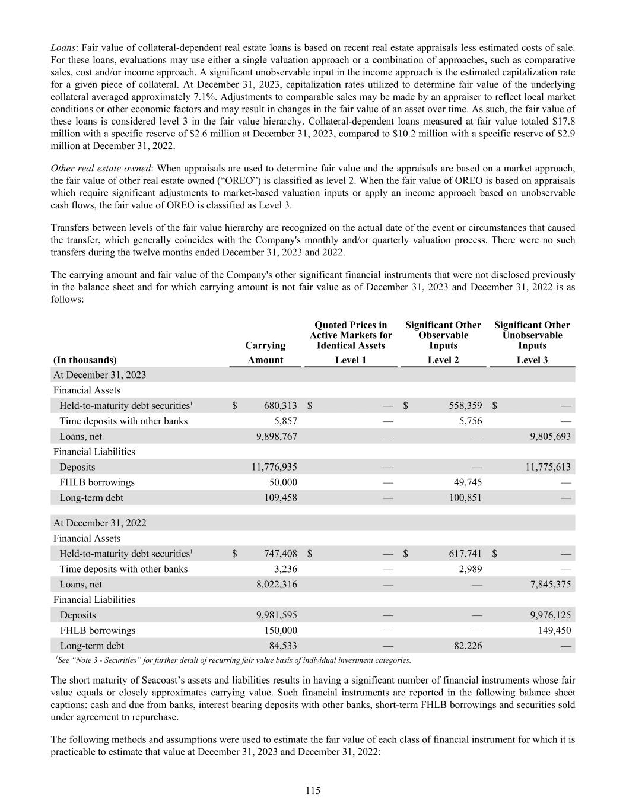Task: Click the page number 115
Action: pyautogui.click(x=313, y=790)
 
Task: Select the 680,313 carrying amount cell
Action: pyautogui.click(x=281, y=406)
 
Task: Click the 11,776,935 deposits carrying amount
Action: pyautogui.click(x=274, y=467)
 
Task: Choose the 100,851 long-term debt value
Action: pyautogui.click(x=465, y=498)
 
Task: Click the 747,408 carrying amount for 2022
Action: pyautogui.click(x=281, y=554)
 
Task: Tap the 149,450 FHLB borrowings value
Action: pyautogui.click(x=552, y=630)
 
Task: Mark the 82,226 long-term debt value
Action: pyautogui.click(x=468, y=646)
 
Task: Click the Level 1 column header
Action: pyautogui.click(x=351, y=360)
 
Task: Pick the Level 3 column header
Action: pyautogui.click(x=532, y=360)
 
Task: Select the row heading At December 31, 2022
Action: pyautogui.click(x=100, y=523)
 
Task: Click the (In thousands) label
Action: pyautogui.click(x=85, y=360)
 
